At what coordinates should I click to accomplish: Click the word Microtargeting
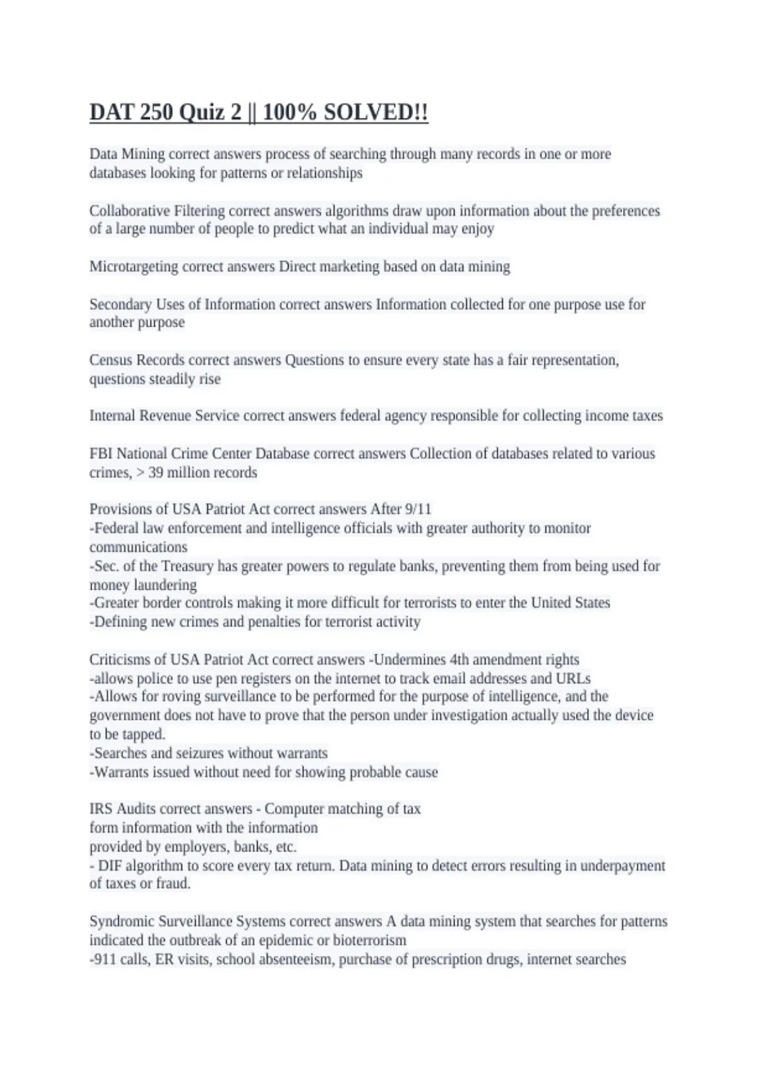tap(134, 267)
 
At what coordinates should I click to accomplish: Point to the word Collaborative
tap(129, 210)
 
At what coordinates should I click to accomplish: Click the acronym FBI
tap(100, 454)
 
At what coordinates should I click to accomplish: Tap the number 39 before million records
tap(156, 473)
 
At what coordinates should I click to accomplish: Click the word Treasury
tap(187, 566)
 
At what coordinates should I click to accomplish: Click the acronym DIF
tap(110, 866)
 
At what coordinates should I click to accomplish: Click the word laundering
tap(165, 585)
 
